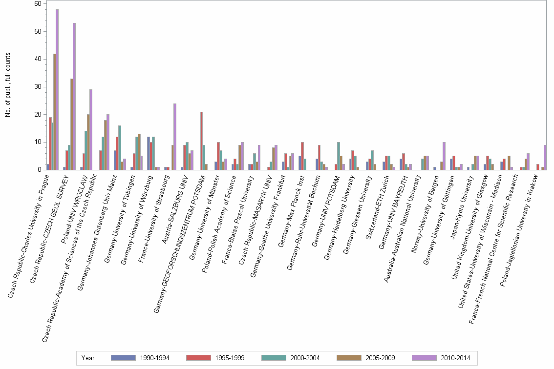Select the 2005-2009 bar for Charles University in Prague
point(54,112)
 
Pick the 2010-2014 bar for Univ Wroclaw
point(91,130)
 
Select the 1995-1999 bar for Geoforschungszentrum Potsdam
point(201,141)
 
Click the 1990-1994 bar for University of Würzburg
point(149,153)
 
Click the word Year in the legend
point(88,358)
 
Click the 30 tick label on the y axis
point(38,87)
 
